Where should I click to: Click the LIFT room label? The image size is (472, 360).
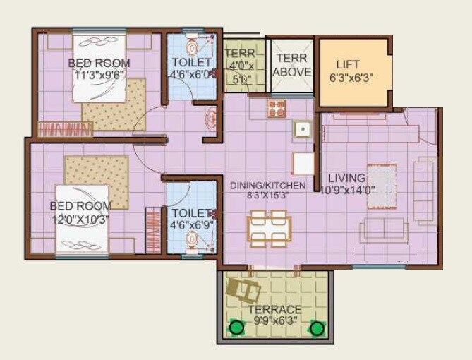click(x=348, y=65)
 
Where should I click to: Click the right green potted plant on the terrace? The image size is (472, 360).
click(x=317, y=328)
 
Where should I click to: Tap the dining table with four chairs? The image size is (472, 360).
click(x=268, y=228)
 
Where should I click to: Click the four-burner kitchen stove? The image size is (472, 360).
click(x=277, y=108)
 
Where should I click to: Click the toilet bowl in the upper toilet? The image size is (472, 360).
click(x=192, y=47)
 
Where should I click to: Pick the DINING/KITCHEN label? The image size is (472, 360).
click(x=268, y=186)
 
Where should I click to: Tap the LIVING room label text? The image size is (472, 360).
click(x=346, y=178)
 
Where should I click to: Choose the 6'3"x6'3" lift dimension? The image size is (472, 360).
click(x=352, y=78)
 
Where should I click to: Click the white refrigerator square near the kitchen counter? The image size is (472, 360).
click(x=303, y=164)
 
